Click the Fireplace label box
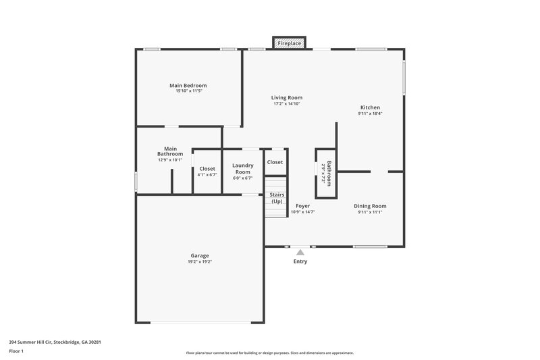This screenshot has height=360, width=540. [290, 43]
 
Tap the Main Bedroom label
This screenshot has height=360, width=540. [188, 86]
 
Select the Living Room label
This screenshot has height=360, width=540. [287, 97]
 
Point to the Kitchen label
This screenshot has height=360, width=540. [370, 107]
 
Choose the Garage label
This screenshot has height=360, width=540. [199, 255]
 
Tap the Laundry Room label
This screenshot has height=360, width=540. [242, 169]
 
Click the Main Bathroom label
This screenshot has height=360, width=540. [170, 151]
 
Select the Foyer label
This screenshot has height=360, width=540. [302, 206]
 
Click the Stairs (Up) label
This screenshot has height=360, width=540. [277, 198]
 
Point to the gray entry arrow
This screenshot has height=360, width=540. [300, 253]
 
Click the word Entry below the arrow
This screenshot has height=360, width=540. [300, 261]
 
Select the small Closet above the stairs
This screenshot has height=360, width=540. [275, 162]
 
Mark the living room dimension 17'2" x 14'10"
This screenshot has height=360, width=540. [287, 103]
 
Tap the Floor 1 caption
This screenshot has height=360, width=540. [17, 351]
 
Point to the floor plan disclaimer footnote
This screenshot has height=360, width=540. [269, 353]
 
